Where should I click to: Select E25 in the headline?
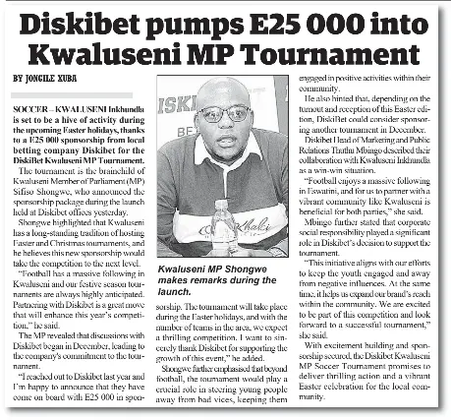(x=266, y=22)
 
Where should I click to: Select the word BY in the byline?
(x=19, y=78)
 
